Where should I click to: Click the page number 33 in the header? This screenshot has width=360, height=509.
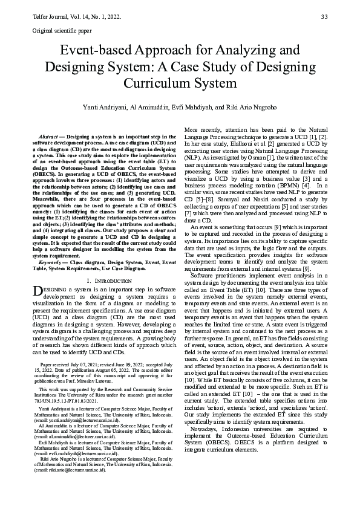pos(324,16)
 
